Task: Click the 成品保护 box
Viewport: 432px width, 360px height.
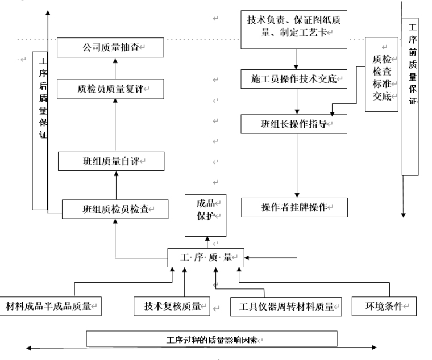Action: point(205,215)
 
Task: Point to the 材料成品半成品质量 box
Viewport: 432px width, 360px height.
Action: point(51,306)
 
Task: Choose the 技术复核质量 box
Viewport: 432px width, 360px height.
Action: point(172,306)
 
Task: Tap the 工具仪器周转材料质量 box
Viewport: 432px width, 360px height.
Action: point(285,307)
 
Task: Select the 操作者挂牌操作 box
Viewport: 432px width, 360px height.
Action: point(294,207)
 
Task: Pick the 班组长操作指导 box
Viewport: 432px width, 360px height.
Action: point(294,124)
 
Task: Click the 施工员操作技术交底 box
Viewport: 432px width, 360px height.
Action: point(294,79)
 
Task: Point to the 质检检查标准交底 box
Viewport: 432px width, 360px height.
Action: point(381,75)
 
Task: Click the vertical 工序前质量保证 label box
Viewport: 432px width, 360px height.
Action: point(411,97)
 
